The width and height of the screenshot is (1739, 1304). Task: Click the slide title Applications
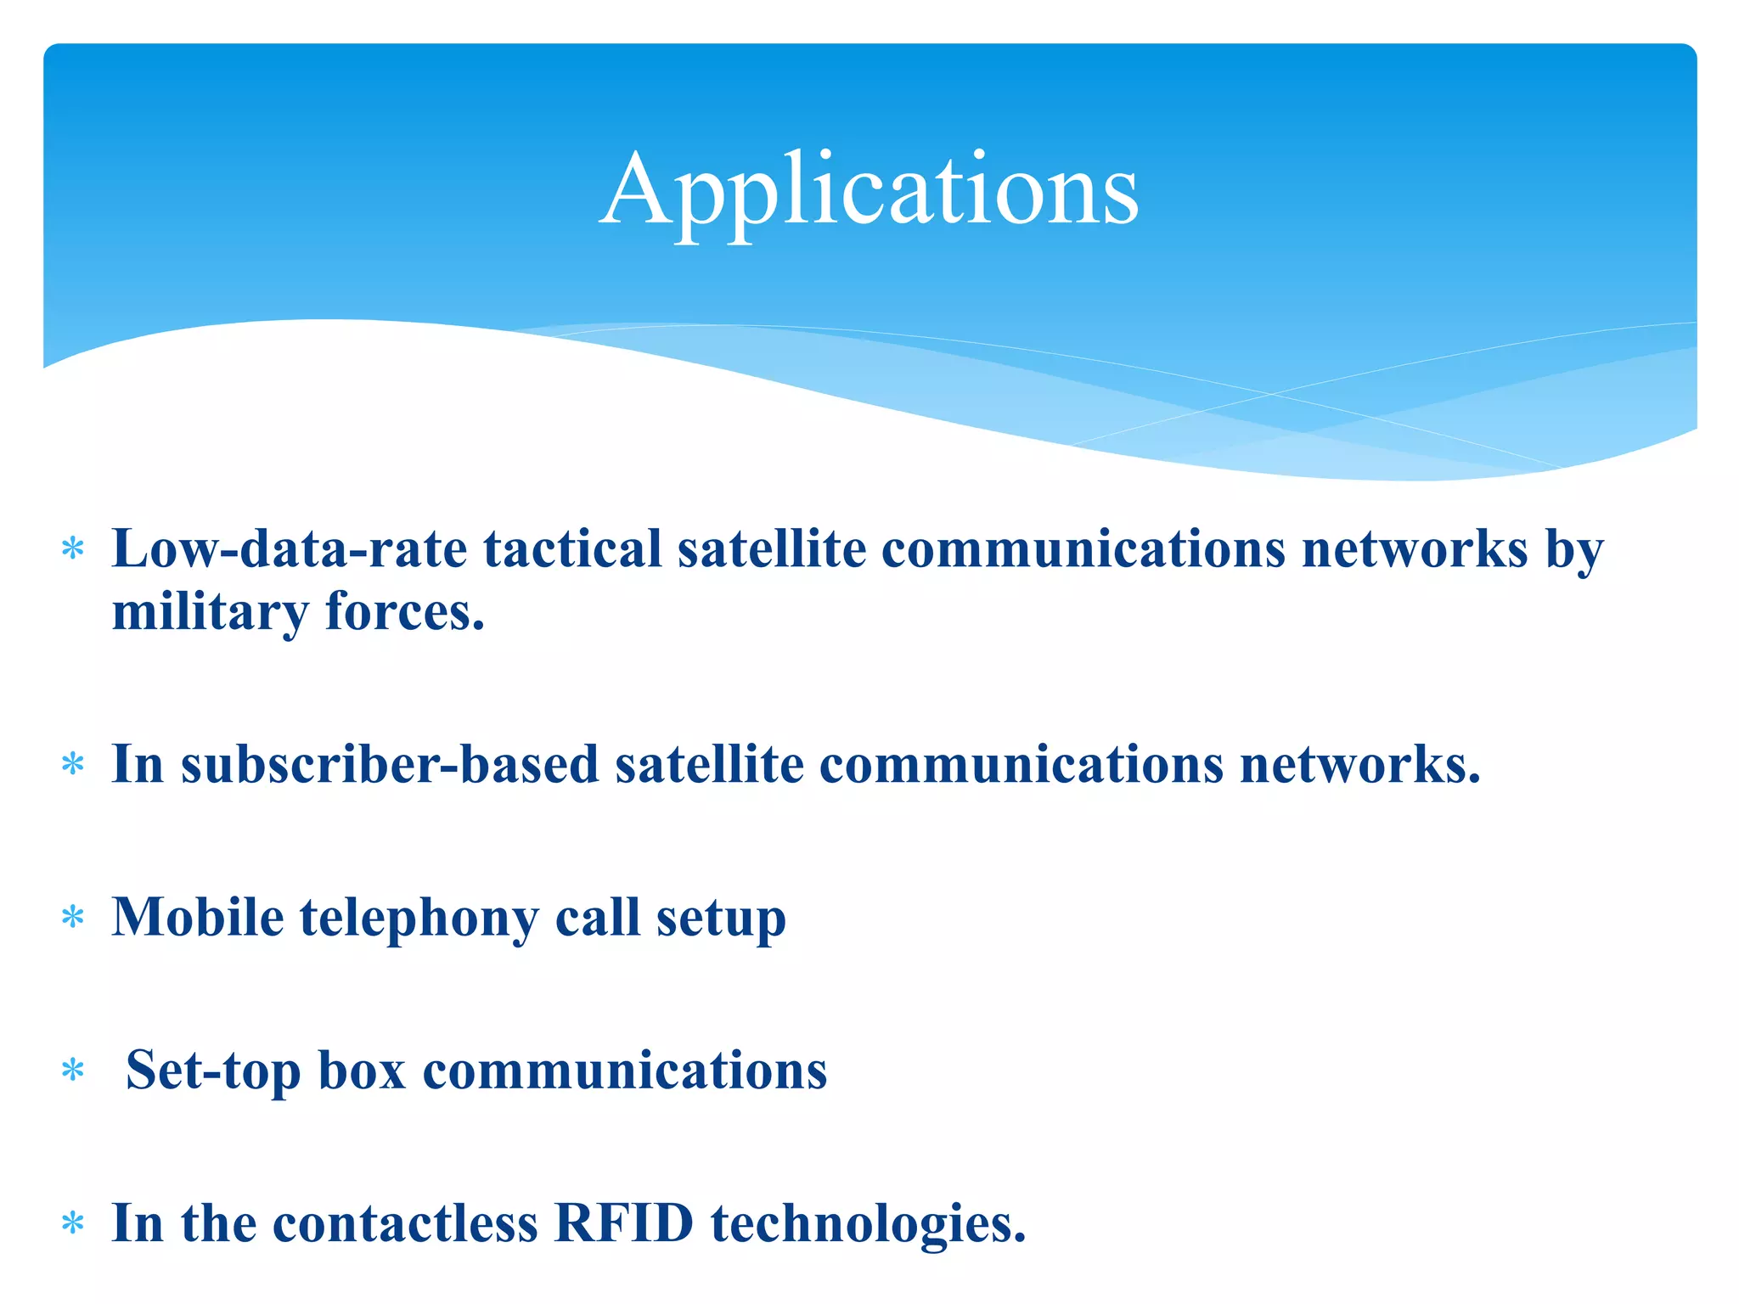(869, 190)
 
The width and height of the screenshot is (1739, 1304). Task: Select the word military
(210, 611)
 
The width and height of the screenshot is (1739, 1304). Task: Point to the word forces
(404, 611)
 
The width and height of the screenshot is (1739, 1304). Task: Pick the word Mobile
(197, 917)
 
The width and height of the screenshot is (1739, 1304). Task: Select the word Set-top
(213, 1071)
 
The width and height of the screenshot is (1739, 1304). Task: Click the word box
(362, 1071)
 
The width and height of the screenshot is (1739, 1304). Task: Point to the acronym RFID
(624, 1223)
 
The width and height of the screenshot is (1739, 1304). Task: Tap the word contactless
(405, 1223)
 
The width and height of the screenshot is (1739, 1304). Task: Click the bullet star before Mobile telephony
(74, 918)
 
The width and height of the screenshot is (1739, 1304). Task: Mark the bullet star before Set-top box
(74, 1071)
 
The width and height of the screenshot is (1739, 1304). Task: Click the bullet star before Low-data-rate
(74, 549)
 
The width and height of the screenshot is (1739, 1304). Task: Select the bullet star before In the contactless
(74, 1224)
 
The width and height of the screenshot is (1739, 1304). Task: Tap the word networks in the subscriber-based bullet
(1359, 764)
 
